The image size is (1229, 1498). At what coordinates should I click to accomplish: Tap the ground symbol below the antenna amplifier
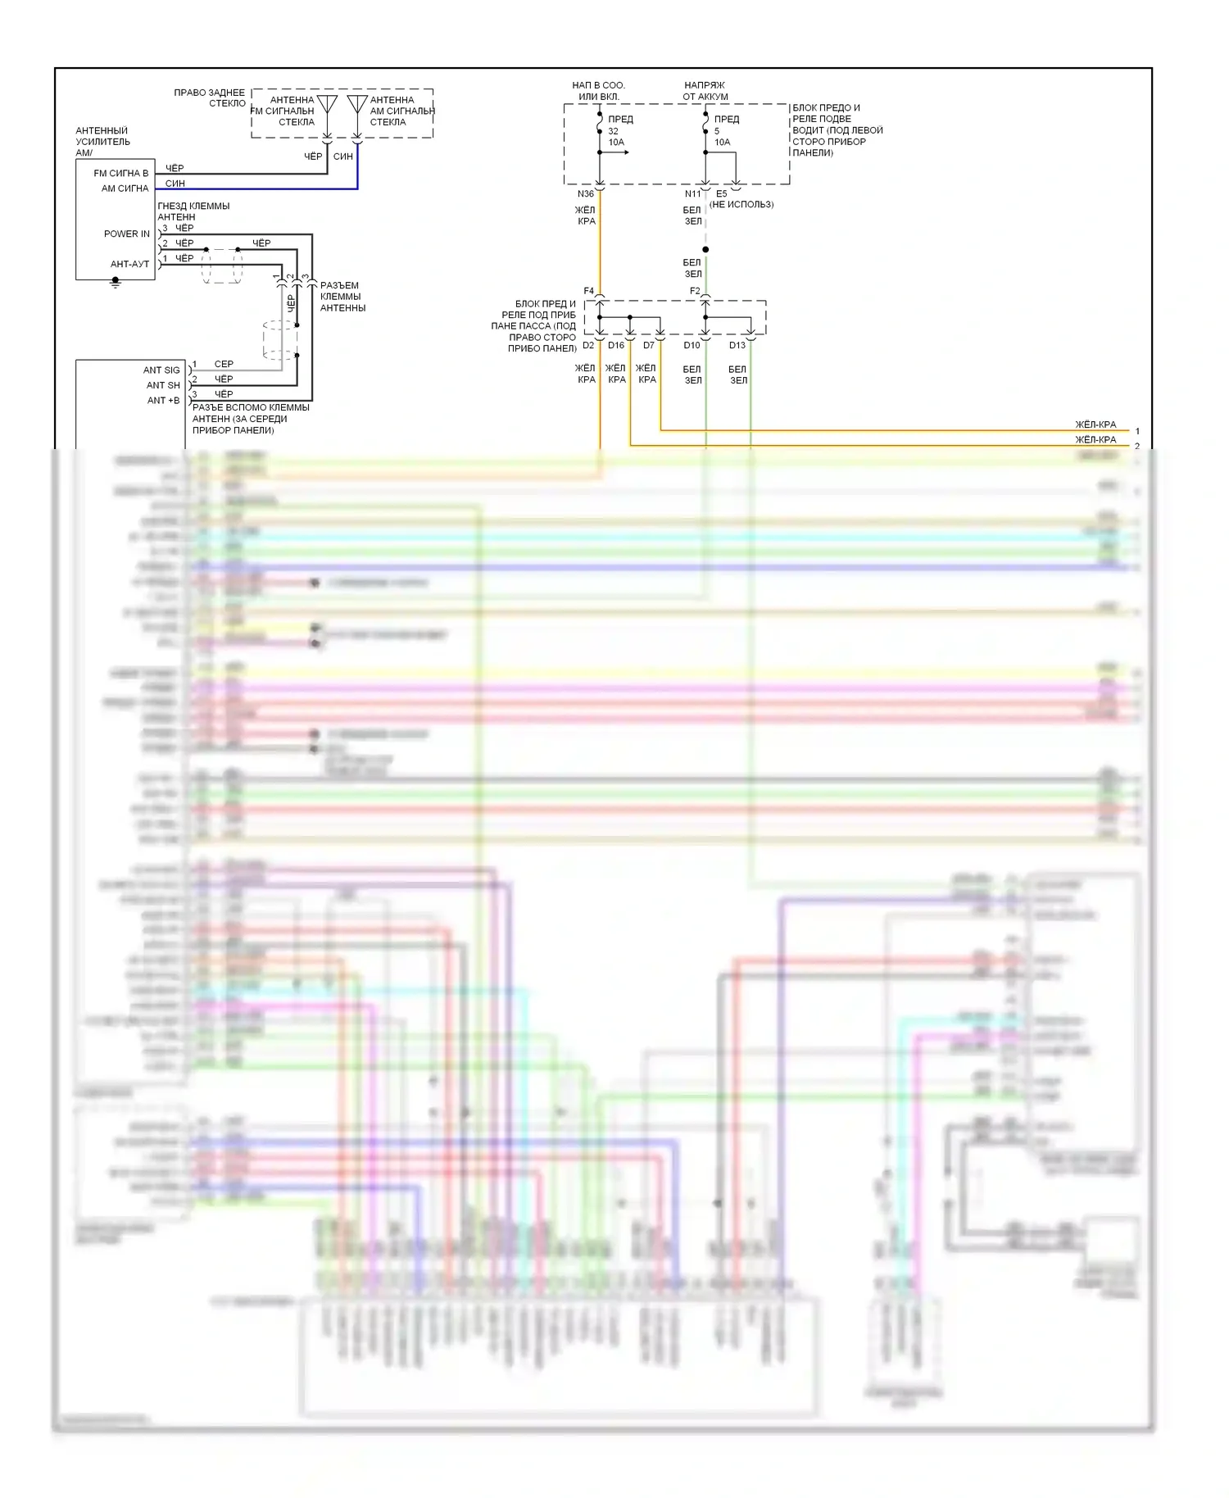(x=116, y=283)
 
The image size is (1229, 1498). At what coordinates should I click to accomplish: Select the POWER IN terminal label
(x=127, y=234)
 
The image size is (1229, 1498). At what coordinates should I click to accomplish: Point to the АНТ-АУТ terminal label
(x=130, y=264)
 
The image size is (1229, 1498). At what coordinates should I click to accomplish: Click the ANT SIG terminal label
(x=161, y=370)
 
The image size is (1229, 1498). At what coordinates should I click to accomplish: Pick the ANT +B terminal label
(x=163, y=401)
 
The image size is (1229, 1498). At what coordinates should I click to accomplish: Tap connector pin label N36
(x=585, y=194)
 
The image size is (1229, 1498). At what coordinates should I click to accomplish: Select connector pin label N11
(x=692, y=194)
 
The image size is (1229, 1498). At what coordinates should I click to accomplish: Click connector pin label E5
(x=721, y=194)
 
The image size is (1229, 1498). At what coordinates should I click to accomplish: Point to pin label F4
(x=588, y=291)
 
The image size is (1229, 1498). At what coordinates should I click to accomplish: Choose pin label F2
(x=694, y=291)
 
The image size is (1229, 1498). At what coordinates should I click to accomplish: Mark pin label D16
(x=616, y=346)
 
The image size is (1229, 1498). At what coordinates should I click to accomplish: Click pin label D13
(x=737, y=346)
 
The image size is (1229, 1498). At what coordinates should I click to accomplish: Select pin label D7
(x=648, y=346)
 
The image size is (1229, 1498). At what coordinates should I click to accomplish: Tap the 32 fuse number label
(x=613, y=131)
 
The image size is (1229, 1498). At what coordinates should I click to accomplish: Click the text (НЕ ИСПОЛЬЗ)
(x=741, y=205)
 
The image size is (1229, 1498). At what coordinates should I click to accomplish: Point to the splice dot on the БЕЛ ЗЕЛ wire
(x=705, y=249)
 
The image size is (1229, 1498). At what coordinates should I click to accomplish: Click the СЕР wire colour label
(x=224, y=364)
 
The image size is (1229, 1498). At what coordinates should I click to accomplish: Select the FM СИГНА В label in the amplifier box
(x=121, y=174)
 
